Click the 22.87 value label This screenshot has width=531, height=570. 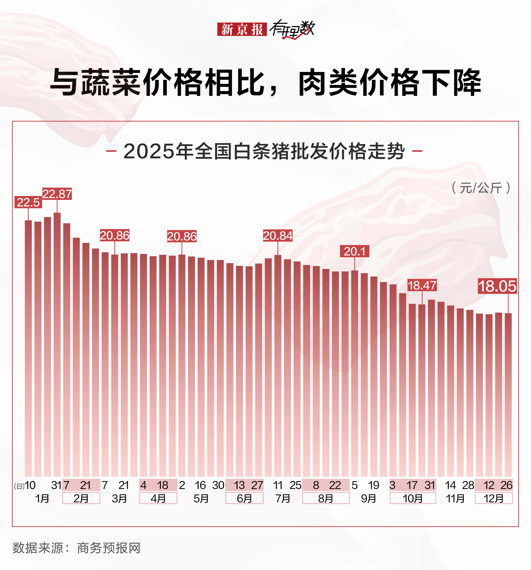click(x=57, y=194)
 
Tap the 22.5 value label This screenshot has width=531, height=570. click(x=28, y=202)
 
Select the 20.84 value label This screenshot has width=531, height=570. click(x=278, y=236)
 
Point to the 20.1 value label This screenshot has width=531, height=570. click(x=355, y=252)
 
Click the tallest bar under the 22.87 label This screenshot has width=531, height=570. click(x=57, y=344)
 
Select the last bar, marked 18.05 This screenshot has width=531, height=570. click(x=508, y=396)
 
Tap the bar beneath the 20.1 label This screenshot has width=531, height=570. click(x=355, y=373)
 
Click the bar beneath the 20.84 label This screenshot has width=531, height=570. click(x=278, y=367)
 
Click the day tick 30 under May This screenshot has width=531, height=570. click(x=218, y=485)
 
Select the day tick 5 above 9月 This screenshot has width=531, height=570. click(x=355, y=485)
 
